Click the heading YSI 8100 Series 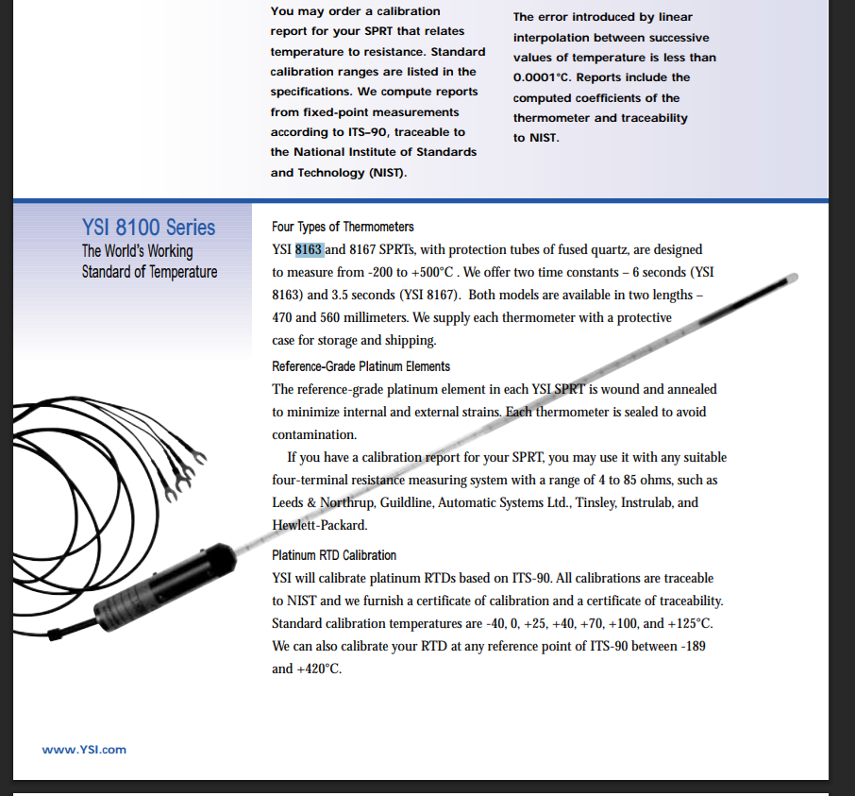click(x=148, y=227)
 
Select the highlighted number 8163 click(x=310, y=249)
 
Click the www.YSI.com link click(x=84, y=750)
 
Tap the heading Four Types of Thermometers click(x=343, y=227)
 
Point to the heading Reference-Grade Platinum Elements click(x=360, y=366)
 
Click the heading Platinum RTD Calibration click(x=334, y=555)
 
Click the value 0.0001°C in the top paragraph click(x=546, y=77)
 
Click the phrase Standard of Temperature click(x=149, y=272)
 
